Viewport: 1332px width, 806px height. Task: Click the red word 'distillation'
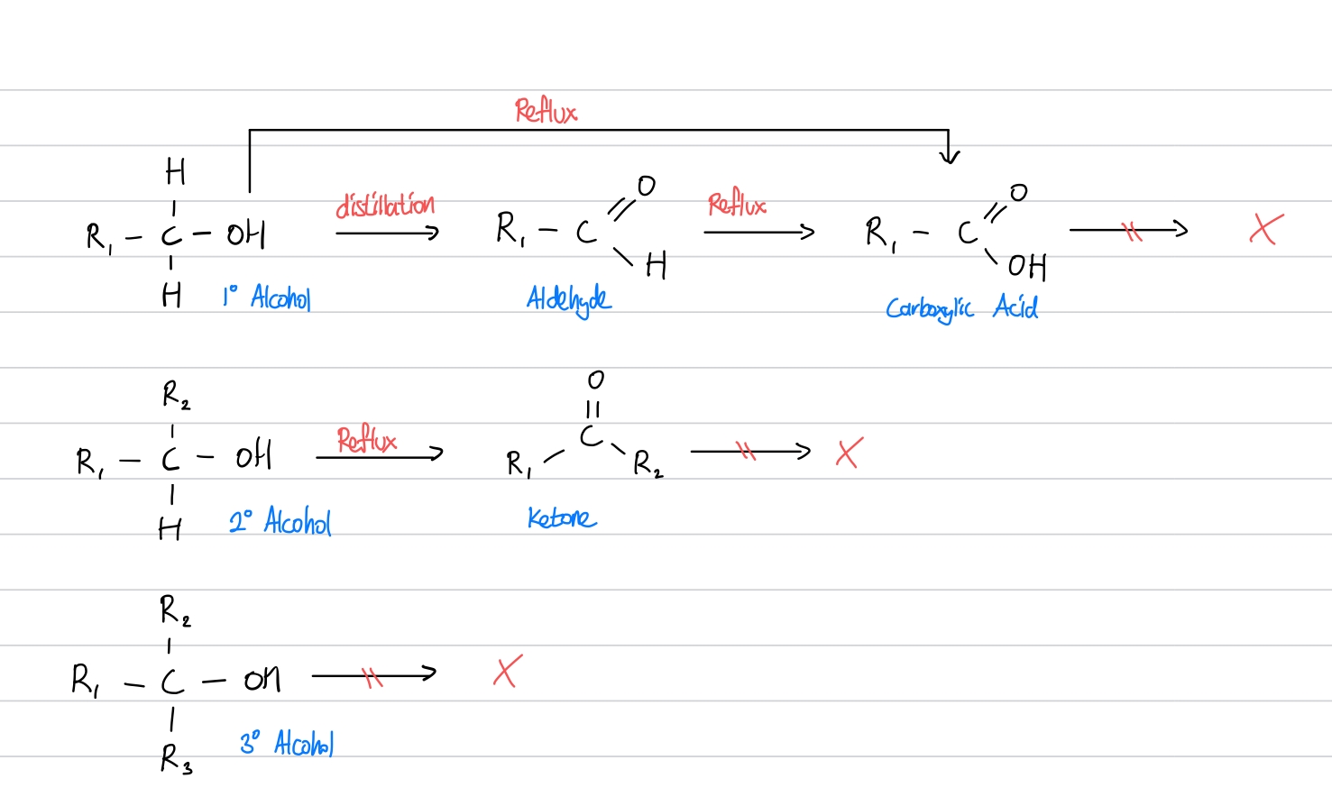[385, 206]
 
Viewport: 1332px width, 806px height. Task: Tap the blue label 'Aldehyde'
[569, 299]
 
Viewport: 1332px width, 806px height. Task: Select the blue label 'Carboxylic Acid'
[961, 308]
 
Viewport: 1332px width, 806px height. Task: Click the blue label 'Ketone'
[562, 518]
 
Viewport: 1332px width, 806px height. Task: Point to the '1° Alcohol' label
[267, 297]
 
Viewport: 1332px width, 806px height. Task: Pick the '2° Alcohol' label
[280, 521]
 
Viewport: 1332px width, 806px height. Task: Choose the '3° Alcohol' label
[287, 744]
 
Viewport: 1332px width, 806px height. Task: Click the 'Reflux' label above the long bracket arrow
[546, 112]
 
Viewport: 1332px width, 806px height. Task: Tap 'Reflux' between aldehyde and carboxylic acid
[737, 205]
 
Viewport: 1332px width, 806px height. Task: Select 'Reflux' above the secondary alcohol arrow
[367, 440]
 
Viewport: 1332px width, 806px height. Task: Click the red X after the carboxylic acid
[1266, 229]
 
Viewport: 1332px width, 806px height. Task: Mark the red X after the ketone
[850, 452]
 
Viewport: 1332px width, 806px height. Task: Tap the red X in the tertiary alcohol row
[508, 672]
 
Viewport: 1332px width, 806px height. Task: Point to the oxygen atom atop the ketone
[595, 380]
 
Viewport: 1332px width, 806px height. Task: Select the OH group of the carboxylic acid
[1027, 266]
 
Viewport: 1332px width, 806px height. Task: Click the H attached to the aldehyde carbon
[657, 265]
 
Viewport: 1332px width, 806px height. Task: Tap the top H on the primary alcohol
[175, 170]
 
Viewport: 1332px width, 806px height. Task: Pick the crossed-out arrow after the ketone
[749, 451]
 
